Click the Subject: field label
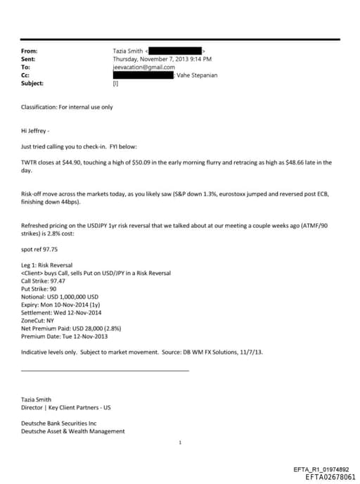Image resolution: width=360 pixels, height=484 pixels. (32, 82)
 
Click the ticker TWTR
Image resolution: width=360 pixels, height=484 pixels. (30, 162)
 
